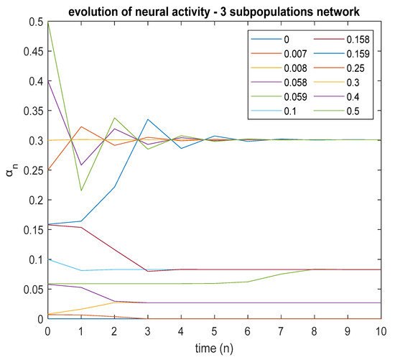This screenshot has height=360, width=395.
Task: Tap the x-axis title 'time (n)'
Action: click(x=214, y=349)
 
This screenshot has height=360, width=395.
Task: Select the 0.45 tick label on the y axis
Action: click(x=33, y=52)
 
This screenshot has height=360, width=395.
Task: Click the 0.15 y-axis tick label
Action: click(x=33, y=230)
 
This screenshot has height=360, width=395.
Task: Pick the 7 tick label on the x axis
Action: click(x=280, y=331)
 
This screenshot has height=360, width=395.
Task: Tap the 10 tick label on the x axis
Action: click(x=381, y=331)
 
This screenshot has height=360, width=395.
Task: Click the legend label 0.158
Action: click(x=358, y=40)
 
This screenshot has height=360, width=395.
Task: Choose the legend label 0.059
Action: click(x=295, y=97)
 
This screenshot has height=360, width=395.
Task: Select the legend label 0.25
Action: click(x=355, y=68)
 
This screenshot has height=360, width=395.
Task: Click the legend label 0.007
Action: click(x=295, y=54)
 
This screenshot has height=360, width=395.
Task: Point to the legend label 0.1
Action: click(x=290, y=111)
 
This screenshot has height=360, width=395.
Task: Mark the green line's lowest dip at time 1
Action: click(x=81, y=190)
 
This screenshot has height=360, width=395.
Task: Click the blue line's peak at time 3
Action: click(x=148, y=119)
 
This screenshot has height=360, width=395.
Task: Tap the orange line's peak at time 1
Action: click(x=81, y=126)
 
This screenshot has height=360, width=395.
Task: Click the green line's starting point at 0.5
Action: click(x=48, y=22)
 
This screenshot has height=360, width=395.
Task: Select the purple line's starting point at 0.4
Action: click(x=48, y=81)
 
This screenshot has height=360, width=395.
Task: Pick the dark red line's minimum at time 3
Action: click(x=148, y=272)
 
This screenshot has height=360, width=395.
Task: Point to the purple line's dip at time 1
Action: click(x=81, y=165)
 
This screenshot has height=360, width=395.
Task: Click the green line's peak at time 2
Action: click(x=115, y=118)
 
